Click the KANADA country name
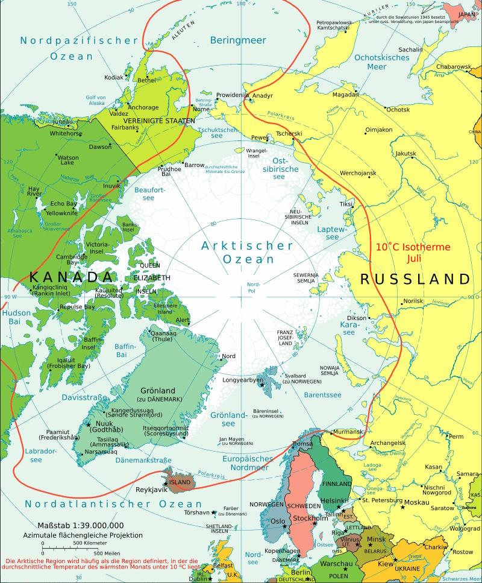coord(71,277)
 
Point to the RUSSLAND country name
coord(415,279)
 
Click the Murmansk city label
coord(348,432)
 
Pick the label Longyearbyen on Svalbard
coord(243,380)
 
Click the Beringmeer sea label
coord(239,40)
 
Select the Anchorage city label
coord(143,107)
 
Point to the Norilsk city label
coord(413,300)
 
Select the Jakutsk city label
coord(405,153)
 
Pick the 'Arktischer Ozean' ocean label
coord(247,253)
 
